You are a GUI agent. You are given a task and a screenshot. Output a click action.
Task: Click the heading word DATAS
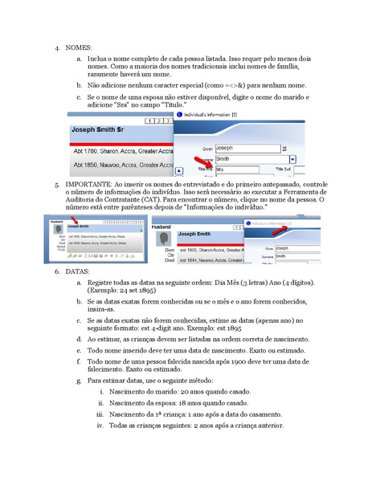(x=77, y=271)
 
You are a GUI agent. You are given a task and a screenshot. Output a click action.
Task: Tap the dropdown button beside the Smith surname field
(x=293, y=159)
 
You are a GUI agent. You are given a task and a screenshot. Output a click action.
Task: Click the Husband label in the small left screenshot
(x=55, y=220)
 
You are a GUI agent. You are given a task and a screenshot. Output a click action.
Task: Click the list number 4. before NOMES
(x=58, y=49)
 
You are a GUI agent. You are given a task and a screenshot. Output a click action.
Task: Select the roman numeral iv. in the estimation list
(x=100, y=425)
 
